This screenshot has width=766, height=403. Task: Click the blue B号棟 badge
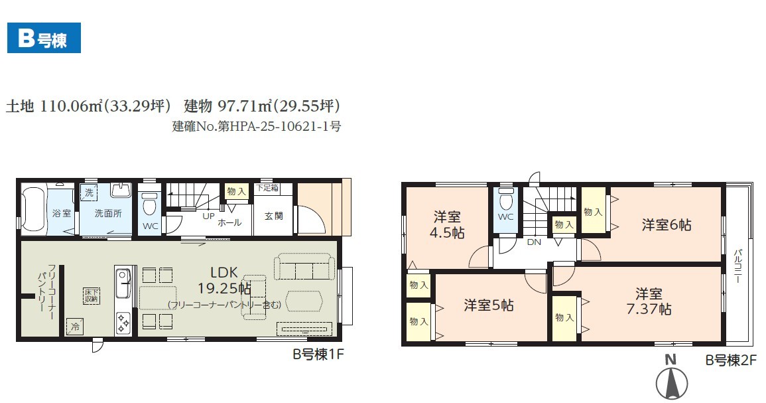(44, 38)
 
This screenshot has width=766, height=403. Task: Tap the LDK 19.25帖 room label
(223, 280)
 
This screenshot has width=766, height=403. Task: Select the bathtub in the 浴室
(34, 209)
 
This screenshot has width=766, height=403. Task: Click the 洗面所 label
(108, 213)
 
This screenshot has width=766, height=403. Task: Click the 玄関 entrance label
(273, 216)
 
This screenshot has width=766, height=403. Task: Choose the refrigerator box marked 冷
(75, 326)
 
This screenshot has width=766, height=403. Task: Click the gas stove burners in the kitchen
(123, 322)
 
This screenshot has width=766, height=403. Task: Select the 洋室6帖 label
(667, 225)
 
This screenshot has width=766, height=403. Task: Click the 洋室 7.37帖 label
(649, 301)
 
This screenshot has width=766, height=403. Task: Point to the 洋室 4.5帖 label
(447, 224)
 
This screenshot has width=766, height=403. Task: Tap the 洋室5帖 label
(489, 305)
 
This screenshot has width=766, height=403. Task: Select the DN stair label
(534, 242)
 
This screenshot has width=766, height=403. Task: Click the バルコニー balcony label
(737, 266)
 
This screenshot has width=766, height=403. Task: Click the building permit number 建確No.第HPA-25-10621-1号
(257, 126)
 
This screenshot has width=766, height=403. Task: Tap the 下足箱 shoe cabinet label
(267, 188)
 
